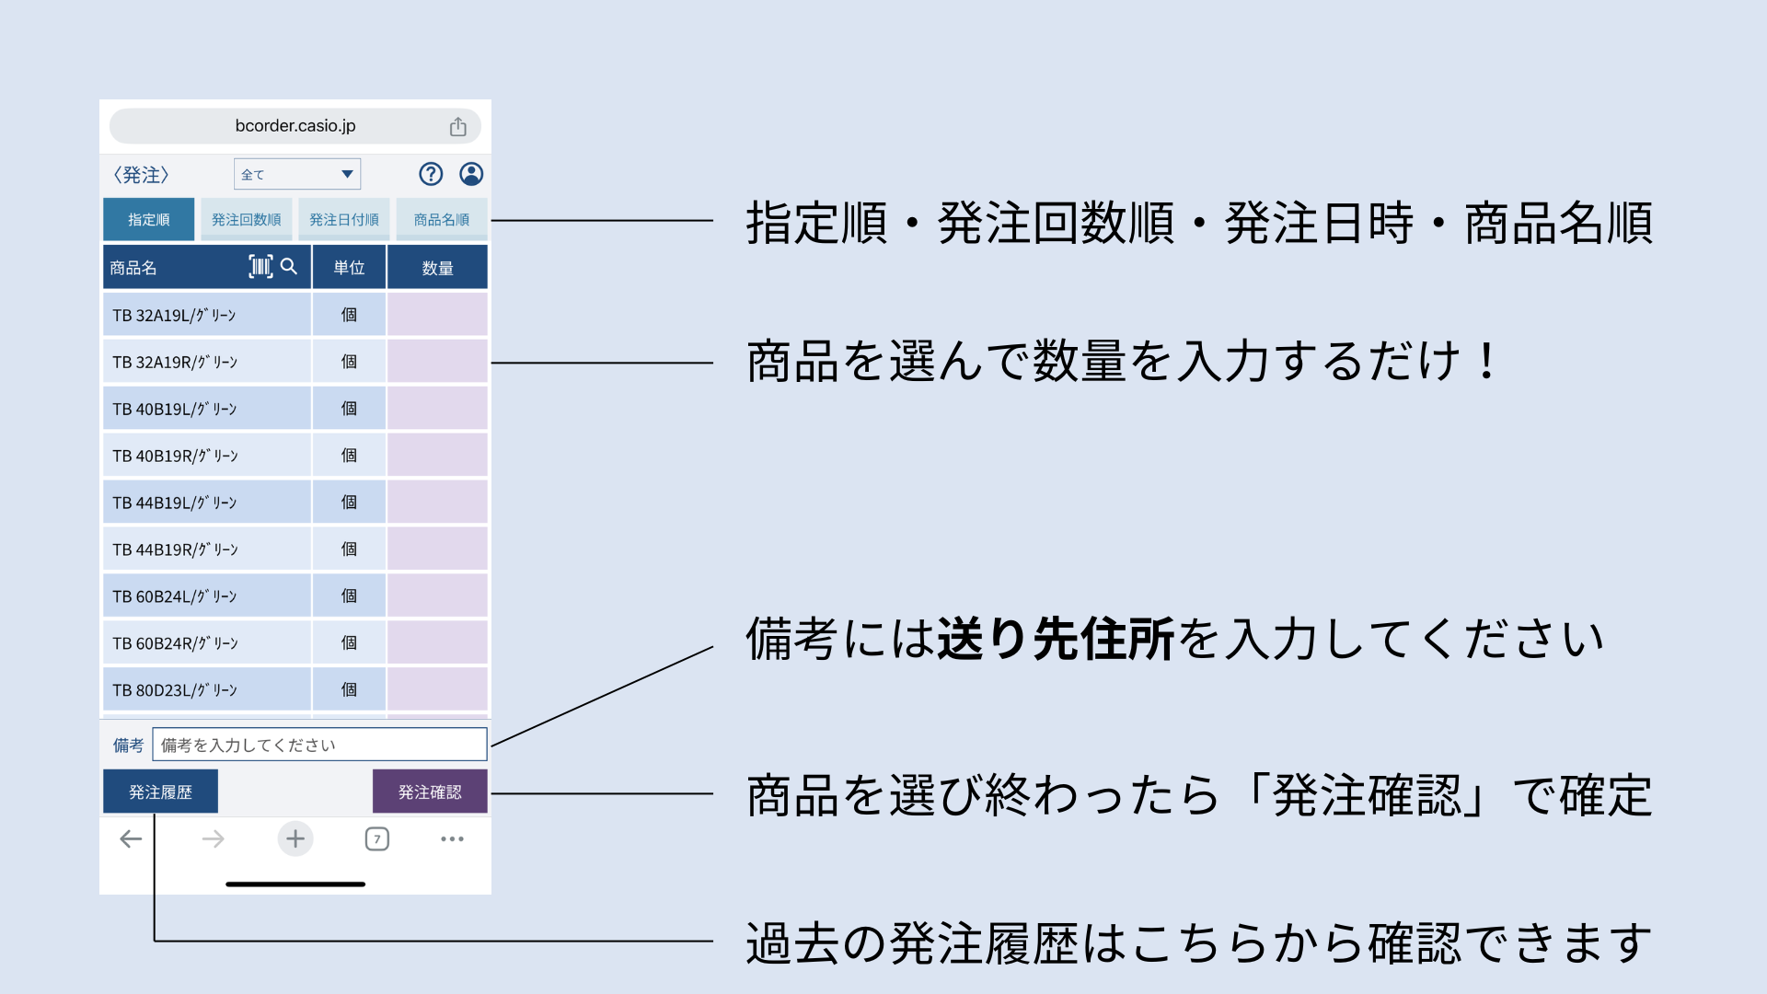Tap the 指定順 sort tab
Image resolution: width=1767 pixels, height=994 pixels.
(x=148, y=219)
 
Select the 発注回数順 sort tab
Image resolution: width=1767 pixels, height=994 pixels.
(x=246, y=219)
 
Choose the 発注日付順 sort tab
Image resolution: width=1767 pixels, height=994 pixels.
(x=343, y=219)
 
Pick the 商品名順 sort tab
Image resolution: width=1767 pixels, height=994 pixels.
(x=442, y=219)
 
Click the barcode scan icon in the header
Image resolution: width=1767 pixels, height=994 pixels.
(x=261, y=267)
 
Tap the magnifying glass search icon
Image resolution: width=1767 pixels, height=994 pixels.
(x=289, y=266)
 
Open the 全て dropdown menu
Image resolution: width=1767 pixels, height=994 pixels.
(x=297, y=174)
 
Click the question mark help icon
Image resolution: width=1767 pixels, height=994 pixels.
(x=431, y=174)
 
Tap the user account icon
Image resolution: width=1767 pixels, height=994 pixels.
(x=471, y=174)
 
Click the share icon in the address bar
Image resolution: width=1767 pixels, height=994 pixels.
(x=458, y=126)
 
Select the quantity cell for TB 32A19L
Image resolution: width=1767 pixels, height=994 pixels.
(x=437, y=315)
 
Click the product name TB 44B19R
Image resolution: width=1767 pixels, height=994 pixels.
(x=175, y=549)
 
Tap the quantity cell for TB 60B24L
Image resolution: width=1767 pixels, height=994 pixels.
(x=437, y=596)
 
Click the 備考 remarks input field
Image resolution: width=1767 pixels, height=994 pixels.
(x=319, y=745)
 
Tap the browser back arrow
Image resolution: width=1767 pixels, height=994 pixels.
(x=131, y=838)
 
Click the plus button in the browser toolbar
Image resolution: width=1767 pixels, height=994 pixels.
(x=295, y=838)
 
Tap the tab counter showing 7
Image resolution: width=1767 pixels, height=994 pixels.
(x=377, y=838)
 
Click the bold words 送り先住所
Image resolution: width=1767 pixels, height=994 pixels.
(x=1057, y=639)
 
